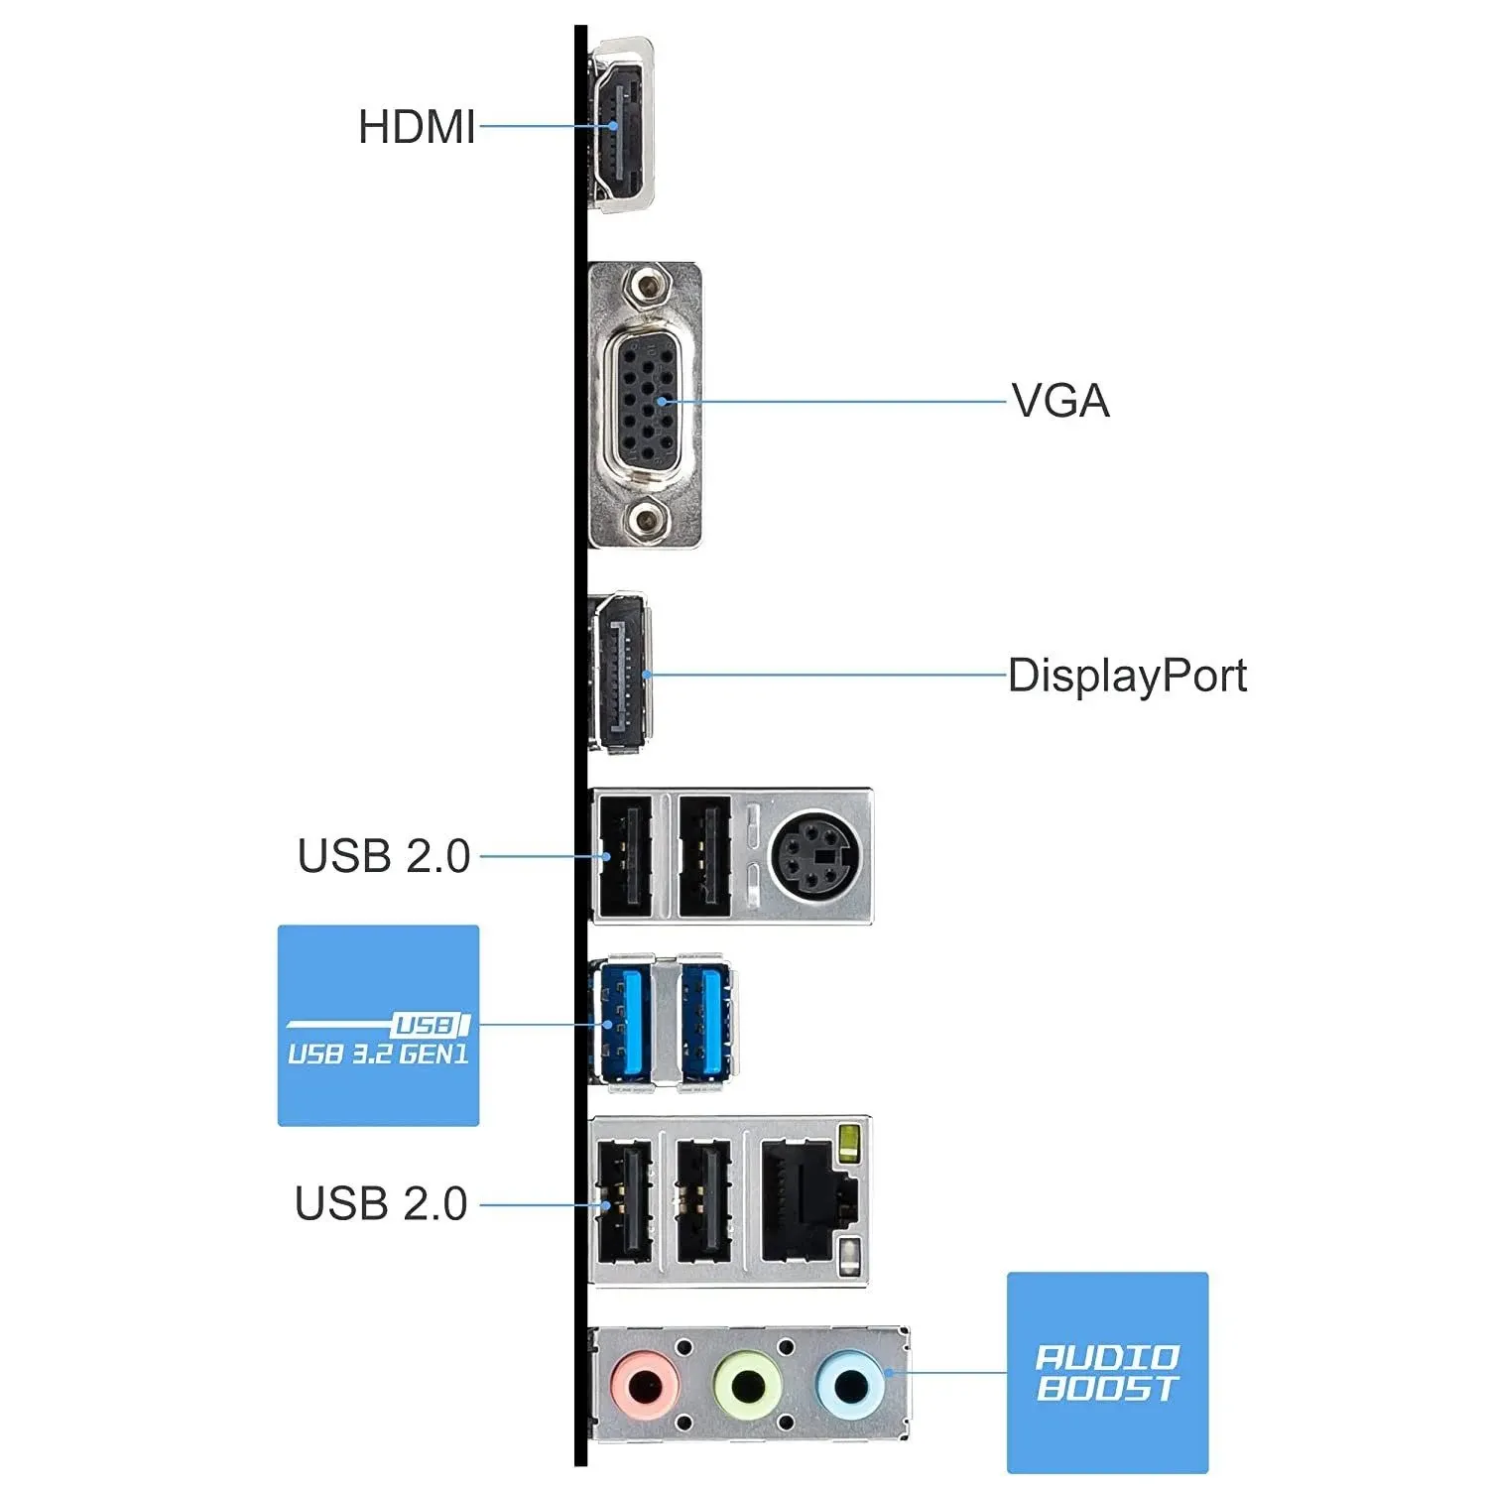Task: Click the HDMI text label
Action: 417,127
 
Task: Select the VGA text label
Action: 1060,401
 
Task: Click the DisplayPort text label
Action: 1127,676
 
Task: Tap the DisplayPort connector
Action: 620,675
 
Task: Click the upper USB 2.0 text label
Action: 384,856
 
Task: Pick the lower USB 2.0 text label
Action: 381,1203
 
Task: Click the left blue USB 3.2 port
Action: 622,1024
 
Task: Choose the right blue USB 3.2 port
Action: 705,1024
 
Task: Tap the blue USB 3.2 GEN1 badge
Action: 378,1026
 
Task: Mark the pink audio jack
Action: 645,1385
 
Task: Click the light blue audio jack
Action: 850,1385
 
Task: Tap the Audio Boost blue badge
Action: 1107,1373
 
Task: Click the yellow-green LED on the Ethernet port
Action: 848,1144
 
